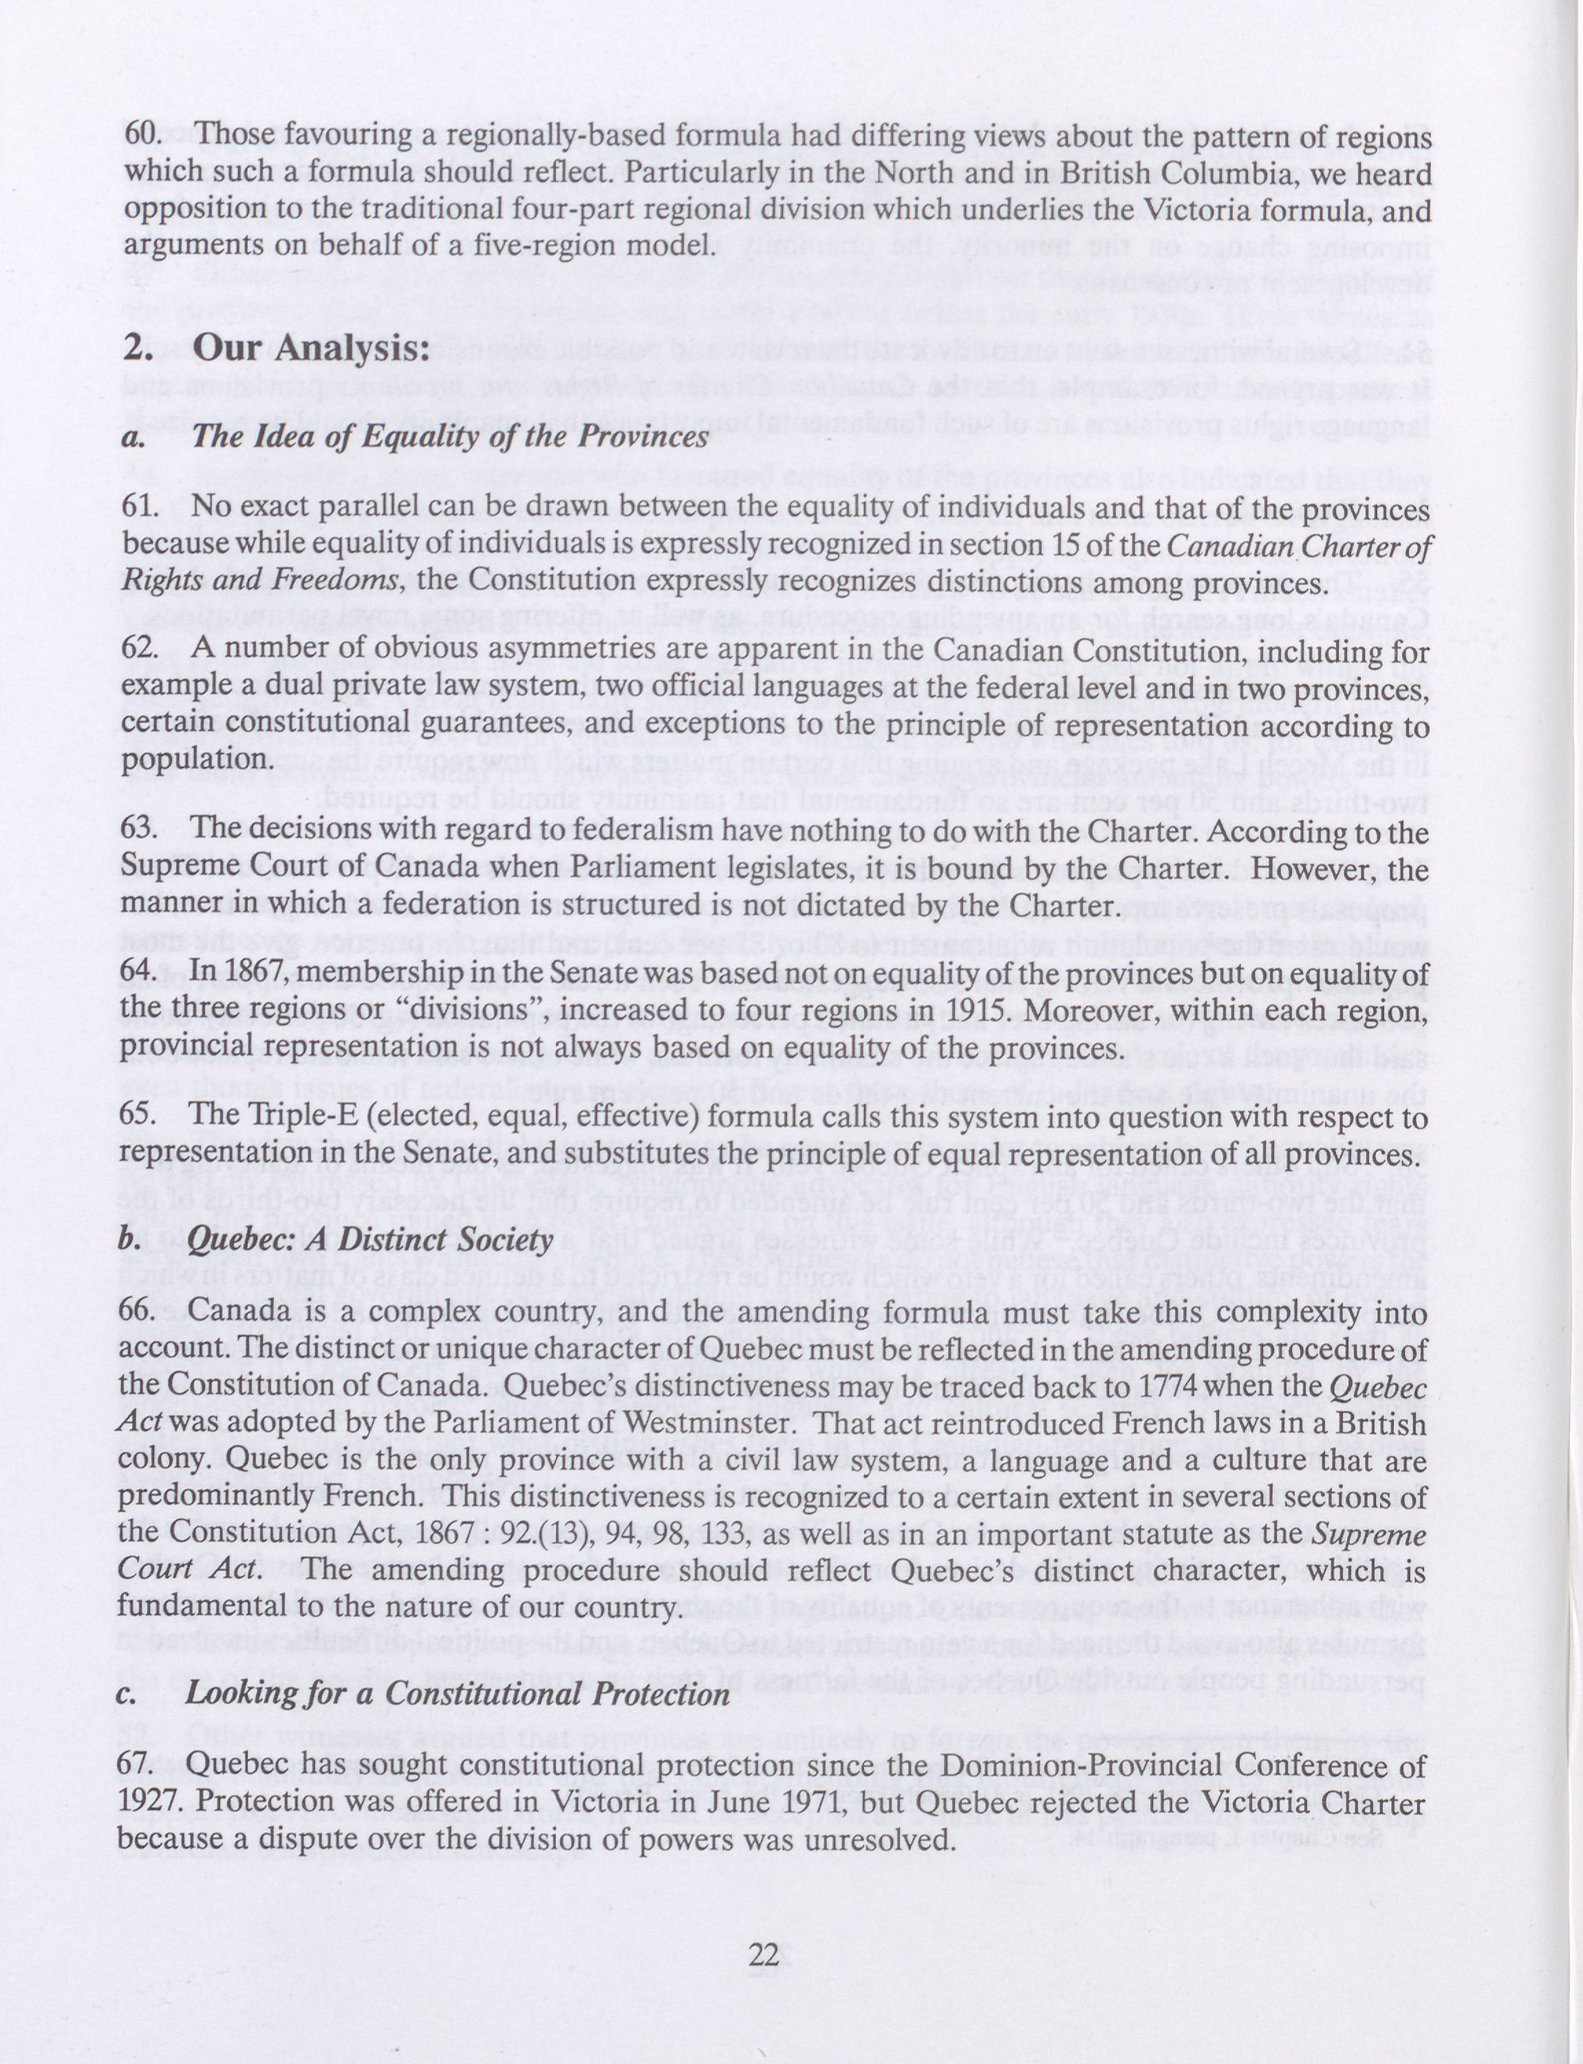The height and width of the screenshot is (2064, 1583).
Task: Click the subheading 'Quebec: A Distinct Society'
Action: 369,1239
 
